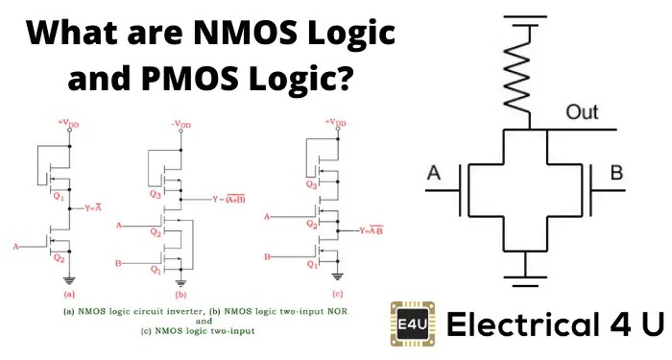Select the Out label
pos(583,112)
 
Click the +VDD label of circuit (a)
pos(67,123)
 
